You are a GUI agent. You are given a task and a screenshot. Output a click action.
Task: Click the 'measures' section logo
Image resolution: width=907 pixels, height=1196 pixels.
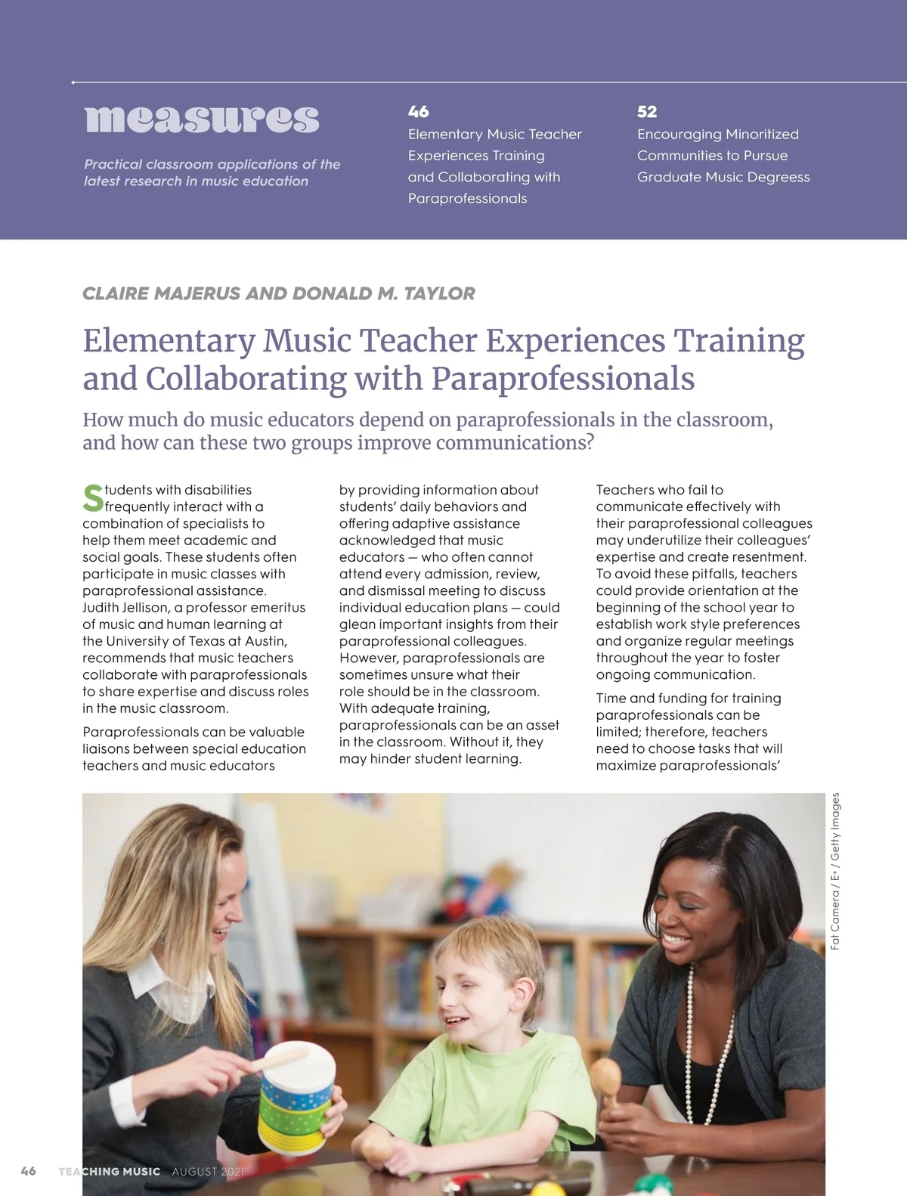[x=202, y=119]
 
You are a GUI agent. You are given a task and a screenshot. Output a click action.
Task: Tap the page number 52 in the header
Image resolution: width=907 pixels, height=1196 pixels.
[x=647, y=112]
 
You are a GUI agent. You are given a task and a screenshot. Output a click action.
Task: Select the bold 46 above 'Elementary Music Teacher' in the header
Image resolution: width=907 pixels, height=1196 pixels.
[x=418, y=112]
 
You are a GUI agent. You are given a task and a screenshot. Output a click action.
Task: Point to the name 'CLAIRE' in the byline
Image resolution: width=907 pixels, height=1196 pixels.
[x=116, y=293]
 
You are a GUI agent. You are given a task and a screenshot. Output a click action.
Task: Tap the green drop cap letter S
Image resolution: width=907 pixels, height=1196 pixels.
[x=93, y=498]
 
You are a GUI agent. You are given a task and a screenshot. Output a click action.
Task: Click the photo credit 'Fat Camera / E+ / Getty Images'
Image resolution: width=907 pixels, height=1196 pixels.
[x=835, y=871]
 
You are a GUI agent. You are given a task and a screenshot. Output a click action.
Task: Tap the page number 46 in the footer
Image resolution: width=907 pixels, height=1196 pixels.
[x=29, y=1171]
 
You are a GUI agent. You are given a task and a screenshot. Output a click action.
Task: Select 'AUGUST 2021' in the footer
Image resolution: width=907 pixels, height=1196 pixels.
[x=208, y=1171]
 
